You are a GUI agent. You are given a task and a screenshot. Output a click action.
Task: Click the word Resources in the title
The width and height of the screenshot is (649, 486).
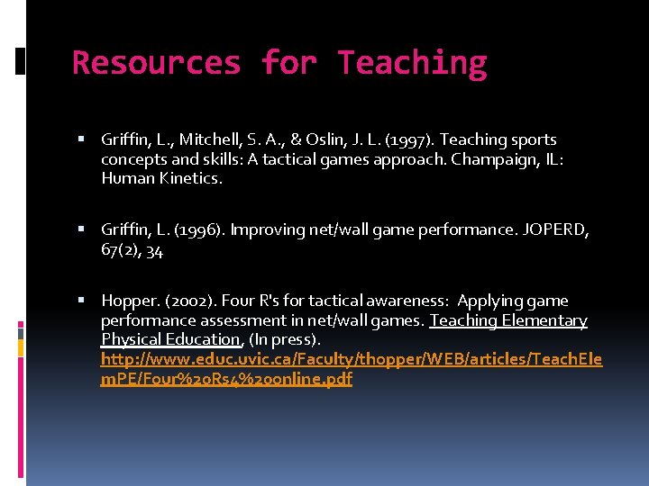(x=157, y=63)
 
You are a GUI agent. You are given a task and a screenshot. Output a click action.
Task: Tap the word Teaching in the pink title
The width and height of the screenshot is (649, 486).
(x=412, y=63)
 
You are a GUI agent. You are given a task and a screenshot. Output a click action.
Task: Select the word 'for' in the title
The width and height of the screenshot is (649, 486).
(x=288, y=63)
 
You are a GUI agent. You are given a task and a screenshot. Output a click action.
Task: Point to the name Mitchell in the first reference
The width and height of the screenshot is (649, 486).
(x=209, y=139)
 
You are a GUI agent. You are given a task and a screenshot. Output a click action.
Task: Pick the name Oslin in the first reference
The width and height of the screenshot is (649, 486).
(x=330, y=139)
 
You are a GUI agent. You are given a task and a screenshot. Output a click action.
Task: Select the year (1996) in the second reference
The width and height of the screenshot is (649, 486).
(x=200, y=230)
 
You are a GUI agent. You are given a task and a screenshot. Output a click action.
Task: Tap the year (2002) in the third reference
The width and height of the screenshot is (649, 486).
(x=189, y=301)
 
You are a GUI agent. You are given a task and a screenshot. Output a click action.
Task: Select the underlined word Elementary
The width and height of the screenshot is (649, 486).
(x=544, y=320)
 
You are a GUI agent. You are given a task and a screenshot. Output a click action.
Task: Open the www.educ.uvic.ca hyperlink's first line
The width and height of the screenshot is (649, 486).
(x=352, y=359)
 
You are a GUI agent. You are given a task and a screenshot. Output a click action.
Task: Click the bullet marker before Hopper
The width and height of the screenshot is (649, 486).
(x=82, y=301)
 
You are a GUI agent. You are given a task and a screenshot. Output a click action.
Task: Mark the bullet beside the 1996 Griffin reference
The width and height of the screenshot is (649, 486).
(x=82, y=230)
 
